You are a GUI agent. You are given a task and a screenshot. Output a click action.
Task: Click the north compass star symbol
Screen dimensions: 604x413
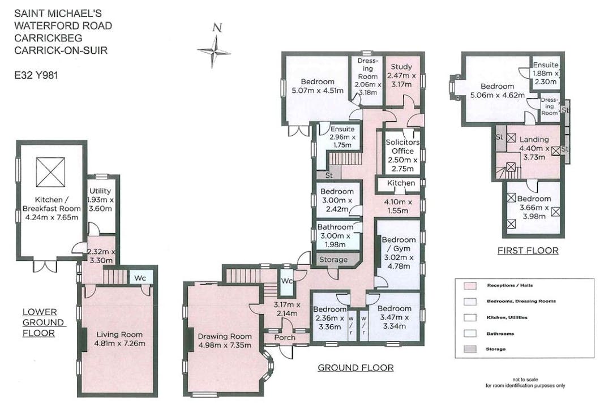point(214,51)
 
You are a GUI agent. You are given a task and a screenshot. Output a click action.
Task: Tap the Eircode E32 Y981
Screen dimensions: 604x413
point(36,75)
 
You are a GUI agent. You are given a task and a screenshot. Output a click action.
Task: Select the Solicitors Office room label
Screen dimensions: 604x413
point(402,147)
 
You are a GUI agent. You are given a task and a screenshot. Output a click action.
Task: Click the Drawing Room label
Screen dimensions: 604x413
point(225,336)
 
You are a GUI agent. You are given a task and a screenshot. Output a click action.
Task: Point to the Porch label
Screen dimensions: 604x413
point(285,337)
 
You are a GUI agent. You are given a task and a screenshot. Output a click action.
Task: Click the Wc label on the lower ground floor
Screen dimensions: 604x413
point(140,278)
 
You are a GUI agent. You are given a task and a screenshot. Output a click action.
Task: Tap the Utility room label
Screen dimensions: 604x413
point(100,191)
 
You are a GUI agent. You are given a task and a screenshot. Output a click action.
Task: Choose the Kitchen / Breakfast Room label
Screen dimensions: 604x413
point(52,204)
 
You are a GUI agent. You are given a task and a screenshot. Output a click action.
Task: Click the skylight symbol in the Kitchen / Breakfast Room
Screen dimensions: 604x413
point(50,172)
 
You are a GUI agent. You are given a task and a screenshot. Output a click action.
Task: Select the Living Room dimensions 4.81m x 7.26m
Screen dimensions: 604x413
point(120,343)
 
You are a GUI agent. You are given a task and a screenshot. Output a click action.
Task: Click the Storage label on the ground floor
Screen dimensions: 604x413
point(333,260)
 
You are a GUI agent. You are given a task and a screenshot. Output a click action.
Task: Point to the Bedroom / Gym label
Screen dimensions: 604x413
point(399,244)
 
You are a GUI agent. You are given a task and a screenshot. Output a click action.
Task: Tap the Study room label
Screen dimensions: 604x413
point(401,67)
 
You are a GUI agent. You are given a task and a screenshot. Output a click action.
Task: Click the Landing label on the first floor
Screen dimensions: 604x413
point(534,139)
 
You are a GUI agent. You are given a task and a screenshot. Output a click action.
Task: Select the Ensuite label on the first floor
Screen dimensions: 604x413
point(546,64)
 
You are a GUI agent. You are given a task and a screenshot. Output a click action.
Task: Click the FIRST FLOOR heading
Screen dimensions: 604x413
point(528,251)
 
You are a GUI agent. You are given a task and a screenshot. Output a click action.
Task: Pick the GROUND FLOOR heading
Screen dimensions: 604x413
point(355,368)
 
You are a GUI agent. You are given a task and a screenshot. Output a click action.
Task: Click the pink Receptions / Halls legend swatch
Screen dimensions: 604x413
point(470,286)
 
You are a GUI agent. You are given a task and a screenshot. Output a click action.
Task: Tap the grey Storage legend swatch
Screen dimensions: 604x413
point(470,349)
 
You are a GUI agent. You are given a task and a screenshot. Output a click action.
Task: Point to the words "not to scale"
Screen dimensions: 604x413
point(525,380)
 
